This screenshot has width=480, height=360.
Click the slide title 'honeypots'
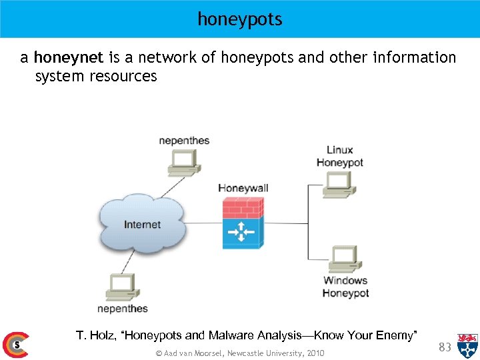click(240, 19)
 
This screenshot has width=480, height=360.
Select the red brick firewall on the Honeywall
click(242, 206)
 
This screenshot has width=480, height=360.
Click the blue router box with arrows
click(242, 232)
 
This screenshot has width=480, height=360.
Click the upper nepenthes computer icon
click(184, 160)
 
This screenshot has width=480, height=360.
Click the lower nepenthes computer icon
click(122, 286)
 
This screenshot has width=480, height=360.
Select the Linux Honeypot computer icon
click(339, 183)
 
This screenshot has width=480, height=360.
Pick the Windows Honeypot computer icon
click(345, 259)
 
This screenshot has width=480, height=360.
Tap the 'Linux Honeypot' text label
click(339, 156)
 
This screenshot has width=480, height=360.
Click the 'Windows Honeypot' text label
click(345, 287)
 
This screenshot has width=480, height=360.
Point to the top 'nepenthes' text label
click(184, 140)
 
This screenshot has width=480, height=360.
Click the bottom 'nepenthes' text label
click(123, 308)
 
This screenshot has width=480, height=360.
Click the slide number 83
click(445, 347)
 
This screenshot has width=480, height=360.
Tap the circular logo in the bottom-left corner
click(15, 345)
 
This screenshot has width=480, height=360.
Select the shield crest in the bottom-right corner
click(467, 345)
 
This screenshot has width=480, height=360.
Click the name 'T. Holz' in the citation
click(96, 335)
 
